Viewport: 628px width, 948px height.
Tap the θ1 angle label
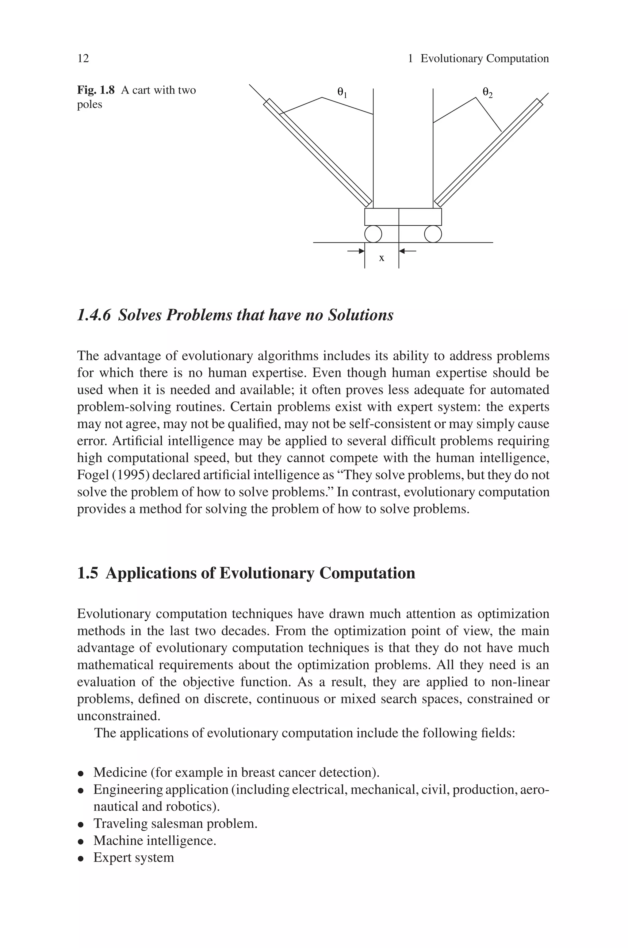point(342,93)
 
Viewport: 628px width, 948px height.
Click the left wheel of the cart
point(373,234)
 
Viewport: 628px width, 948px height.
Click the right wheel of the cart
point(433,234)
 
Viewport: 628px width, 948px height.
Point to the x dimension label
point(382,258)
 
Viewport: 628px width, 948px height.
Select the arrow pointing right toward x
point(356,251)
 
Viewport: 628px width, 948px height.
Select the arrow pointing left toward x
point(408,251)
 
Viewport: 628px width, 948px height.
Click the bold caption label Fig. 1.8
point(96,90)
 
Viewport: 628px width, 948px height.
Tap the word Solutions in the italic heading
point(361,315)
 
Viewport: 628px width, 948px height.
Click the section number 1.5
point(87,573)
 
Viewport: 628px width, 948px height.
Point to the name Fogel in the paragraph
point(90,475)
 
